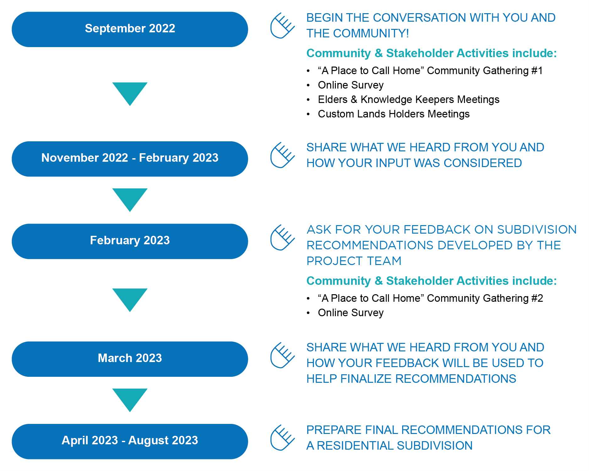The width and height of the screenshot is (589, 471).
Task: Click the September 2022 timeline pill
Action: tap(130, 29)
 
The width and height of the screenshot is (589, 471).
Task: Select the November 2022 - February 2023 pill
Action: tap(130, 159)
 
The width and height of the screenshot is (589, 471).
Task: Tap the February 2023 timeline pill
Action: tap(130, 241)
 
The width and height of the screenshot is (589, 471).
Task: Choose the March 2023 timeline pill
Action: tap(130, 359)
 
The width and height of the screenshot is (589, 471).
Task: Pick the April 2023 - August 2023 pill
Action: tap(130, 441)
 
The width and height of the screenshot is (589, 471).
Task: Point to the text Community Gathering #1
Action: tap(485, 71)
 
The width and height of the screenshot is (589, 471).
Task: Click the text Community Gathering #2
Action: tap(485, 299)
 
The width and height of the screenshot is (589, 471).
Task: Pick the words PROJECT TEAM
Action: tap(354, 261)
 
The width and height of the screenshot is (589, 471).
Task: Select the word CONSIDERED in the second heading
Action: tap(483, 163)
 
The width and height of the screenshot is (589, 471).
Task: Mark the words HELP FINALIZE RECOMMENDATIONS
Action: tap(411, 379)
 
